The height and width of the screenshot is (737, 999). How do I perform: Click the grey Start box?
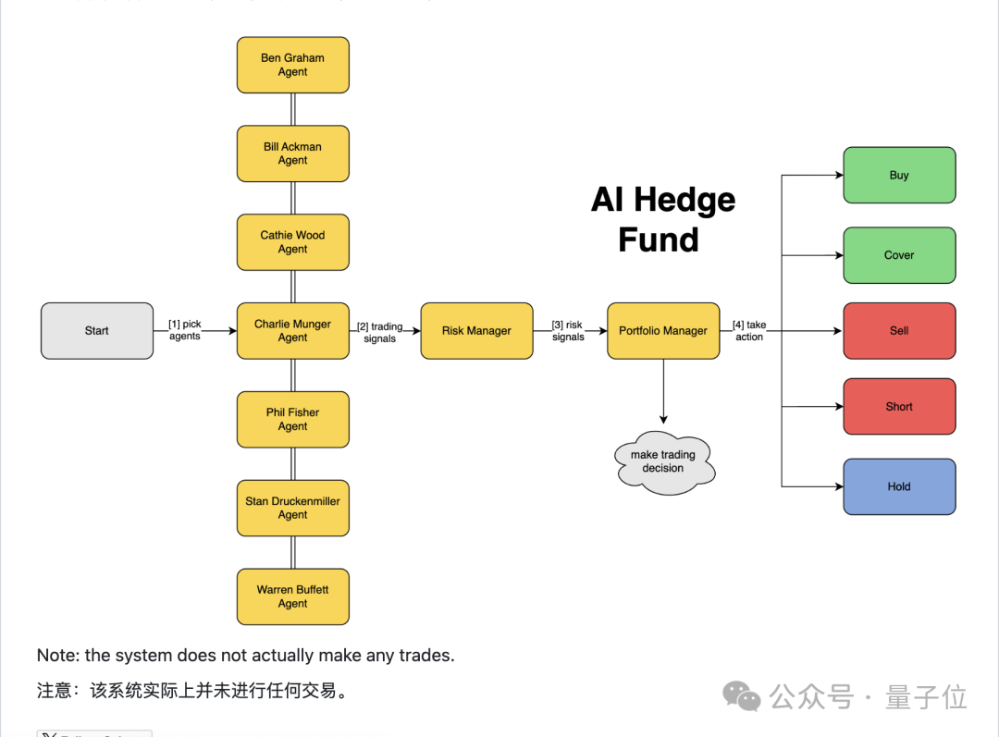coord(97,330)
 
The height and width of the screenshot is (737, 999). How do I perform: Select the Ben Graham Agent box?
coord(292,65)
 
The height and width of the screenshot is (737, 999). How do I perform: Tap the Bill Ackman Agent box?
coord(292,154)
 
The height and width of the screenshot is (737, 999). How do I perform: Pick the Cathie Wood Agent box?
coord(292,242)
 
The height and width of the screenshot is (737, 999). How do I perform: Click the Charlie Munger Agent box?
coord(292,330)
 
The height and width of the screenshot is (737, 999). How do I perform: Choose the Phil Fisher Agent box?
coord(292,419)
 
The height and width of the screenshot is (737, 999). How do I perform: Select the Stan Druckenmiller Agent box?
coord(292,508)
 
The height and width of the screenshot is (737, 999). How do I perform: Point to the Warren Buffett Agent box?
coord(292,596)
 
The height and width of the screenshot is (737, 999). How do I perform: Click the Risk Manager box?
coord(476,330)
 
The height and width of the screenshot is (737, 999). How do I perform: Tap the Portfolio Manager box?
coord(663,330)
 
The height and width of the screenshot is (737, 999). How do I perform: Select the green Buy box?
coord(899,175)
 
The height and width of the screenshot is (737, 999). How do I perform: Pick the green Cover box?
coord(899,255)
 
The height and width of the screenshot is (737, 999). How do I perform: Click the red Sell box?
coord(899,330)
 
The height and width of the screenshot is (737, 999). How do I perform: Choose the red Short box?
coord(899,406)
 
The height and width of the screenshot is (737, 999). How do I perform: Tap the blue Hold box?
coord(899,486)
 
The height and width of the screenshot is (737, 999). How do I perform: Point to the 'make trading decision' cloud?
coord(663,461)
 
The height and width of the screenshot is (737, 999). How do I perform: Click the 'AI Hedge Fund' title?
coord(663,219)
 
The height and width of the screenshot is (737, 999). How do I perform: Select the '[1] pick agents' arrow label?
coord(185,330)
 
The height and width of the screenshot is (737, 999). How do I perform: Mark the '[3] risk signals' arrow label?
coord(568,331)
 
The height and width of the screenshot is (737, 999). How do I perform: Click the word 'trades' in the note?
coord(425,656)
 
